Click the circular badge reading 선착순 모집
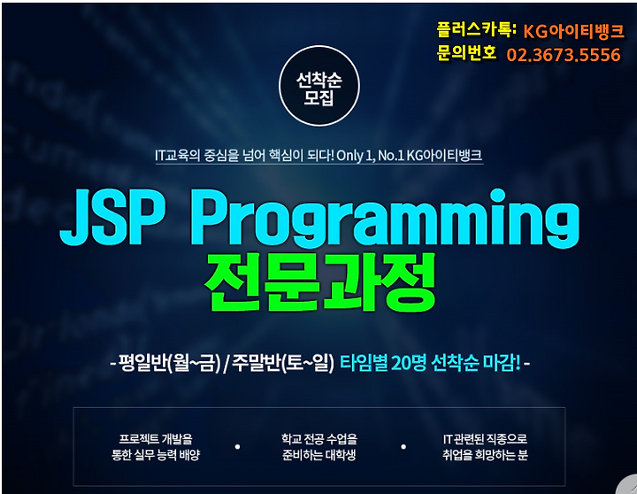[x=319, y=86]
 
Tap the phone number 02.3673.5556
[x=564, y=55]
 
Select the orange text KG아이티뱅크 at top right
[x=573, y=31]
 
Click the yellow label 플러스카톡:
[x=477, y=29]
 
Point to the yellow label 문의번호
[x=466, y=53]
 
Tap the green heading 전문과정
[x=320, y=282]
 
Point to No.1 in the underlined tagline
[x=391, y=155]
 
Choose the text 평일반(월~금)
[x=169, y=363]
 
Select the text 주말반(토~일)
[x=283, y=363]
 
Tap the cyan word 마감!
[x=502, y=363]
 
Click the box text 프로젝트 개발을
[x=156, y=439]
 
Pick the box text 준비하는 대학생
[x=319, y=455]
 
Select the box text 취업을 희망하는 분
[x=485, y=455]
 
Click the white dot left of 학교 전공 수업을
[x=238, y=447]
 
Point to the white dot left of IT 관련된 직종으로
[x=403, y=447]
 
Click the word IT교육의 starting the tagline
[x=178, y=155]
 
